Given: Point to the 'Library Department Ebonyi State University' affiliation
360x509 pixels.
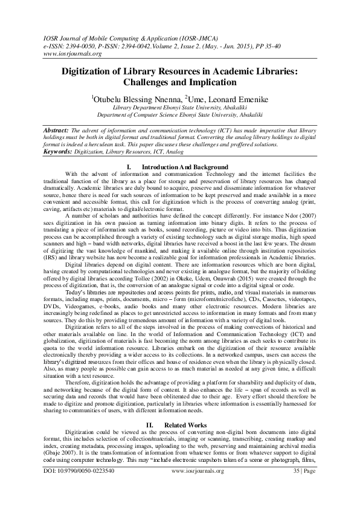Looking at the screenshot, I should pyautogui.click(x=179, y=106).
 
